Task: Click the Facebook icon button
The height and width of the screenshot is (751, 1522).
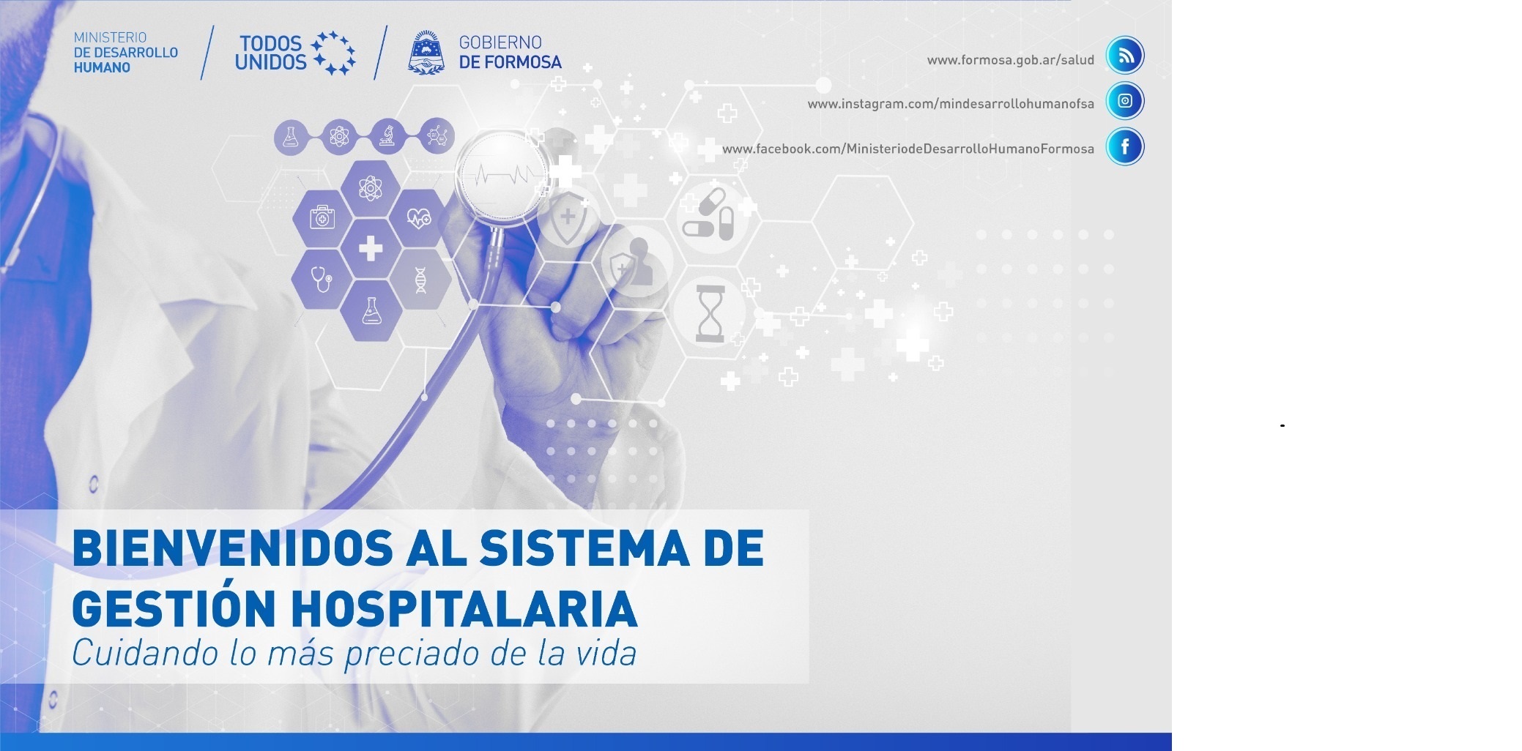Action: [x=1125, y=146]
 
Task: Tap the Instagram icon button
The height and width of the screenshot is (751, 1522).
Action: [x=1125, y=101]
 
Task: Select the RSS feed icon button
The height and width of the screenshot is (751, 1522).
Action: [x=1125, y=56]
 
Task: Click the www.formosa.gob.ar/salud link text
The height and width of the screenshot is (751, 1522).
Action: [x=1010, y=60]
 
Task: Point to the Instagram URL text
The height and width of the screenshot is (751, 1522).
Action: [x=951, y=104]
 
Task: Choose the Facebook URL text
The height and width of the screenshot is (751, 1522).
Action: [x=908, y=149]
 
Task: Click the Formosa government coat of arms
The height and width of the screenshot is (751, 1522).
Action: [x=426, y=53]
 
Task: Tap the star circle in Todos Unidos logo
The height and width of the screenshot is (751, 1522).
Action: [x=333, y=53]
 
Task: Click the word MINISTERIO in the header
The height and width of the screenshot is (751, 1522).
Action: [x=110, y=37]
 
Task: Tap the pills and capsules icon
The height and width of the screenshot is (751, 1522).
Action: [x=708, y=214]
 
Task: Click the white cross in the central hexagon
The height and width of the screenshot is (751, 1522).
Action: [x=371, y=247]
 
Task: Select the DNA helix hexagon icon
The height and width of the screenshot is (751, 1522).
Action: [x=420, y=280]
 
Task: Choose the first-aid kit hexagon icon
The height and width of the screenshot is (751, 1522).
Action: [x=322, y=217]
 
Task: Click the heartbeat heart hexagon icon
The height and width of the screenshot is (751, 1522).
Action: [x=420, y=217]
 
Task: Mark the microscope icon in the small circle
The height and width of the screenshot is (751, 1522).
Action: [x=387, y=136]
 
